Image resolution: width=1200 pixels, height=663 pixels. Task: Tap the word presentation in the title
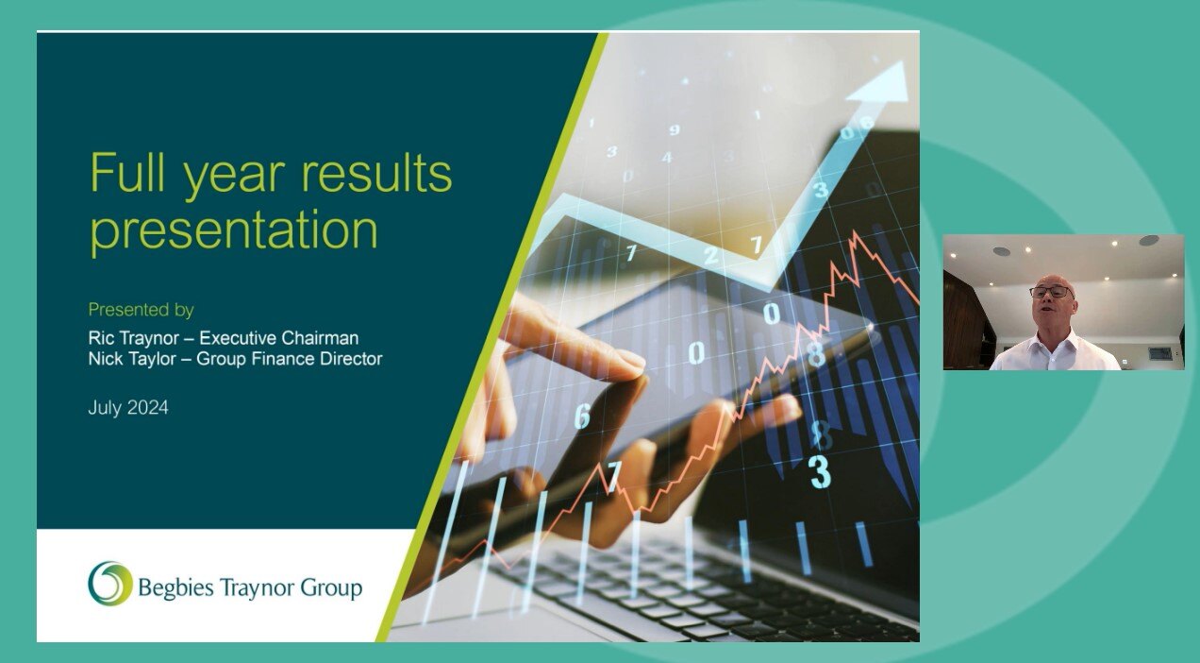(234, 229)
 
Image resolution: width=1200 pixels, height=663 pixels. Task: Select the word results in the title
(377, 174)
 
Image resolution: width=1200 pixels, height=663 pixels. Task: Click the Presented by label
(141, 310)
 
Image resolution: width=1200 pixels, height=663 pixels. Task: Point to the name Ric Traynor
(138, 338)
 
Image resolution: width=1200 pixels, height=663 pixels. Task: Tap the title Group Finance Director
(289, 359)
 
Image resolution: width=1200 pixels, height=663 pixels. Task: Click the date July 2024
(128, 409)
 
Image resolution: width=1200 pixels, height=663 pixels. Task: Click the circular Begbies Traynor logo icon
(109, 584)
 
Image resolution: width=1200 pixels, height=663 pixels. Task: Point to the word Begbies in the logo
(175, 588)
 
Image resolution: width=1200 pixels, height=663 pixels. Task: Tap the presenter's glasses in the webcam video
(1052, 292)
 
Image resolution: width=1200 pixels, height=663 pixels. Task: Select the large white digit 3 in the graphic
(820, 471)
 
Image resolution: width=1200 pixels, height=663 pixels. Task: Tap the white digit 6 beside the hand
(582, 416)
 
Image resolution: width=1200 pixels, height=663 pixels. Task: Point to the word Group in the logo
(331, 588)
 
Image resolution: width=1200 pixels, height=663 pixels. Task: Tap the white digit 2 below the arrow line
(711, 256)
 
